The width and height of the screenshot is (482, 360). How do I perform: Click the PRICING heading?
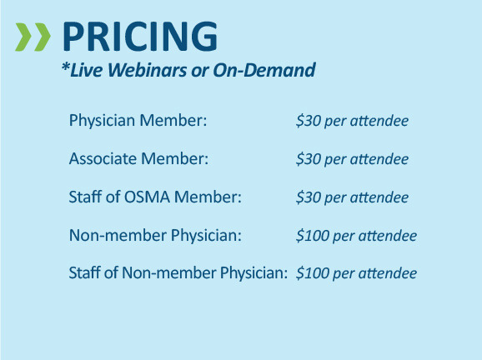[x=140, y=37]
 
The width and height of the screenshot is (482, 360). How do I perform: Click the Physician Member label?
[x=138, y=122]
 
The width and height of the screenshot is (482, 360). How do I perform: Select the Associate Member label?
[x=138, y=159]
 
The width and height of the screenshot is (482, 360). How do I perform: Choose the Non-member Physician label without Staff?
[x=155, y=236]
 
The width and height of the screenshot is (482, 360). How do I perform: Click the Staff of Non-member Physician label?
[x=178, y=273]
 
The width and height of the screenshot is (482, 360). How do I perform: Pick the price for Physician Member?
[x=352, y=122]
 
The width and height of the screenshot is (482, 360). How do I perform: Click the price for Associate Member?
[x=352, y=159]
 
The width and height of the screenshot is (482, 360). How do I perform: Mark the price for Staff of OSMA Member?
[x=352, y=197]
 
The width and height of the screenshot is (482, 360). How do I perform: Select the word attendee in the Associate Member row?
[x=380, y=159]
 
